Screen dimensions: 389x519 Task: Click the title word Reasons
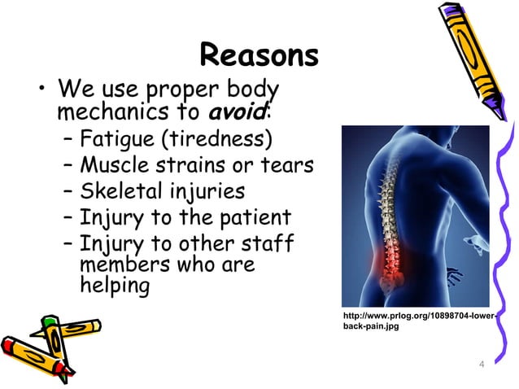[x=259, y=56]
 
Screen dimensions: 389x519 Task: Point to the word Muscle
[x=111, y=165]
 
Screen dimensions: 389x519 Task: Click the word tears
[x=286, y=165]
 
